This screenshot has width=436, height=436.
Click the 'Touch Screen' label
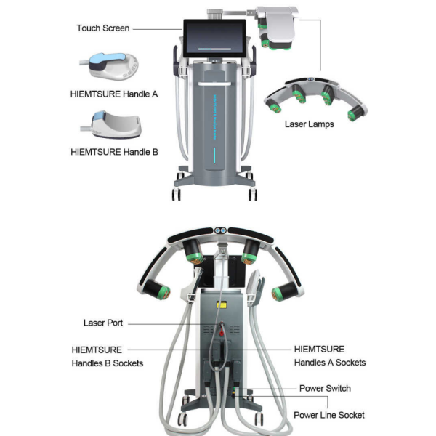coord(103,28)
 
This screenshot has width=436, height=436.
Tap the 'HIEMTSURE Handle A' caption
coord(114,94)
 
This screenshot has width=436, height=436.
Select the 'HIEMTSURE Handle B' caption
coord(114,152)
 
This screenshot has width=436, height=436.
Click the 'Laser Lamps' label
coord(310,124)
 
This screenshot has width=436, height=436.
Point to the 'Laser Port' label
coord(103,323)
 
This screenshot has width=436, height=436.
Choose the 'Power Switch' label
coord(325,389)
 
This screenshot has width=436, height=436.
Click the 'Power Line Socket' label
coord(329,415)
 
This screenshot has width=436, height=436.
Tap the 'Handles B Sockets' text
coord(108,363)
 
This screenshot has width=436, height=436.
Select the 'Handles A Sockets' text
coord(330,363)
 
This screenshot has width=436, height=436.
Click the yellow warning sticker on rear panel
coord(222,304)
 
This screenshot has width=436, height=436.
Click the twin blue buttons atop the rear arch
coord(220,230)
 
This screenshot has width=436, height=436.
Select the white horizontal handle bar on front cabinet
coord(214,84)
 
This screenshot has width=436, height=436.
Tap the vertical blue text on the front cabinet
coord(215,117)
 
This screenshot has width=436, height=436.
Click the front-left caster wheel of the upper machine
coord(177,194)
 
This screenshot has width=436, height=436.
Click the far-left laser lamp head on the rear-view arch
coord(156,290)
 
